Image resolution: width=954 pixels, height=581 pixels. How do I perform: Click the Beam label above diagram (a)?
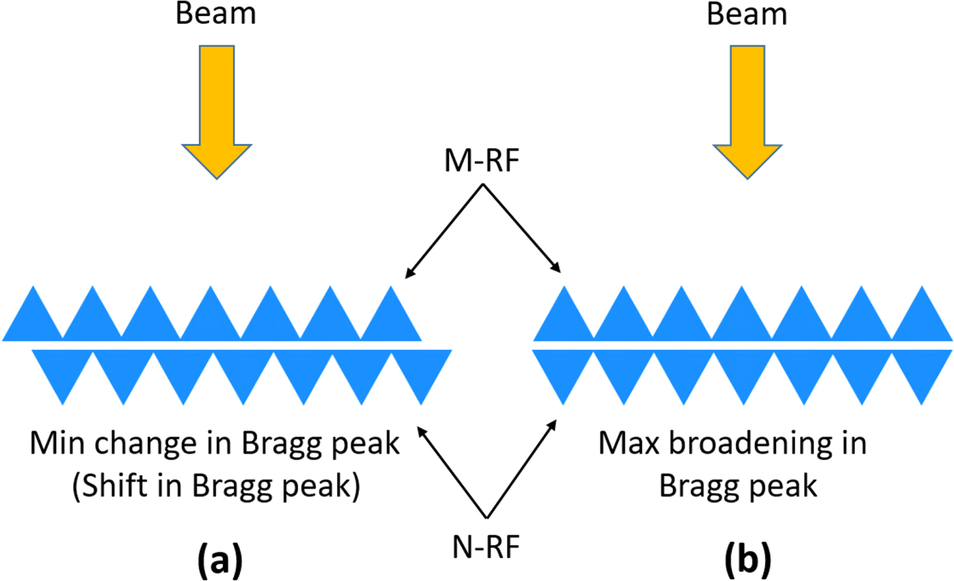[216, 14]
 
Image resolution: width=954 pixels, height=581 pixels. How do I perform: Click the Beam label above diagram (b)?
[747, 14]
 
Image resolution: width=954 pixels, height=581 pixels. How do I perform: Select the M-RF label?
[481, 160]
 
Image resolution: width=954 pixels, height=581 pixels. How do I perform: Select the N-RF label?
[486, 547]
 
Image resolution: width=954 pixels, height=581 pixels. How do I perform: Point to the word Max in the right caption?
[628, 443]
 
